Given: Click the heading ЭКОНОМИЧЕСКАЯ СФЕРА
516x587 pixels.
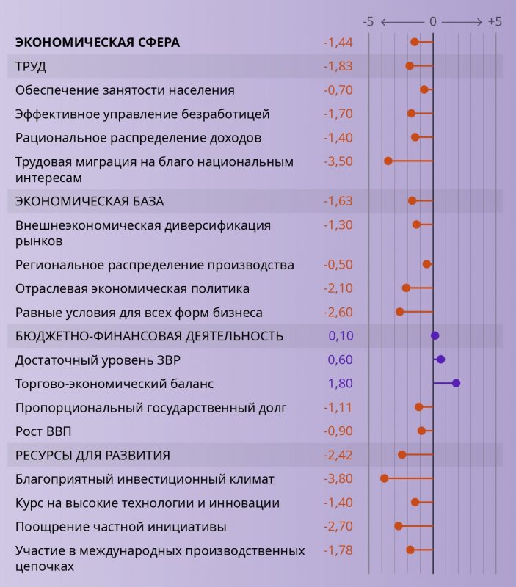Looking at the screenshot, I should pos(97,43).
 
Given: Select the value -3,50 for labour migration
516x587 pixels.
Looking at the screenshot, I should pos(338,161).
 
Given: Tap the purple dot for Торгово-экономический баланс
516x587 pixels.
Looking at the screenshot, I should pos(456,383).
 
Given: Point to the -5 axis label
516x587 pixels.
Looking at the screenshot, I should pos(368,22).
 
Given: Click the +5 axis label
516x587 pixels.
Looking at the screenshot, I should pos(495,22).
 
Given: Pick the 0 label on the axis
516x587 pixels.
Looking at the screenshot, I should pos(433,22).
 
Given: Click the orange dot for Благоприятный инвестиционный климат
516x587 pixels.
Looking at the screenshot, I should pos(384,478).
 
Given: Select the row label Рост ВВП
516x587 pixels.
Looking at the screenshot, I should pos(43,431).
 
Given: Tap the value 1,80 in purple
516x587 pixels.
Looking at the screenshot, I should pos(340,383).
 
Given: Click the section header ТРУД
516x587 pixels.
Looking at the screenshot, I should pos(31,66).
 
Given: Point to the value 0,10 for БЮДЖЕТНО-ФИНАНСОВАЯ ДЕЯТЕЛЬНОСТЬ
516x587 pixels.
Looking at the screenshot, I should pos(340,335).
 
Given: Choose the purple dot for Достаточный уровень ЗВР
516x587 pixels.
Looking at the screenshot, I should pos(440,360).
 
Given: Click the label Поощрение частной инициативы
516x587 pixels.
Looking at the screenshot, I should pos(120,527).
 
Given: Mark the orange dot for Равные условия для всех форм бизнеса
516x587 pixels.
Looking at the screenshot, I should pos(399,312).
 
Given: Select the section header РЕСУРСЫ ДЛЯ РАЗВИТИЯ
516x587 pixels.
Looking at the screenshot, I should pos(92,455).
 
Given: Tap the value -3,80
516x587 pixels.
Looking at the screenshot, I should pos(338,478).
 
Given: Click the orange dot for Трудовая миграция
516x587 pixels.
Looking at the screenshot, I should pos(388,161).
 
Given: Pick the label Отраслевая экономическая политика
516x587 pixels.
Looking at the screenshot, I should pos(132,288).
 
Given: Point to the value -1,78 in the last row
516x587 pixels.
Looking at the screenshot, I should pos(338,550).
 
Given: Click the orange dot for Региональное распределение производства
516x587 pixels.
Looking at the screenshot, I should pos(426,264).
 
